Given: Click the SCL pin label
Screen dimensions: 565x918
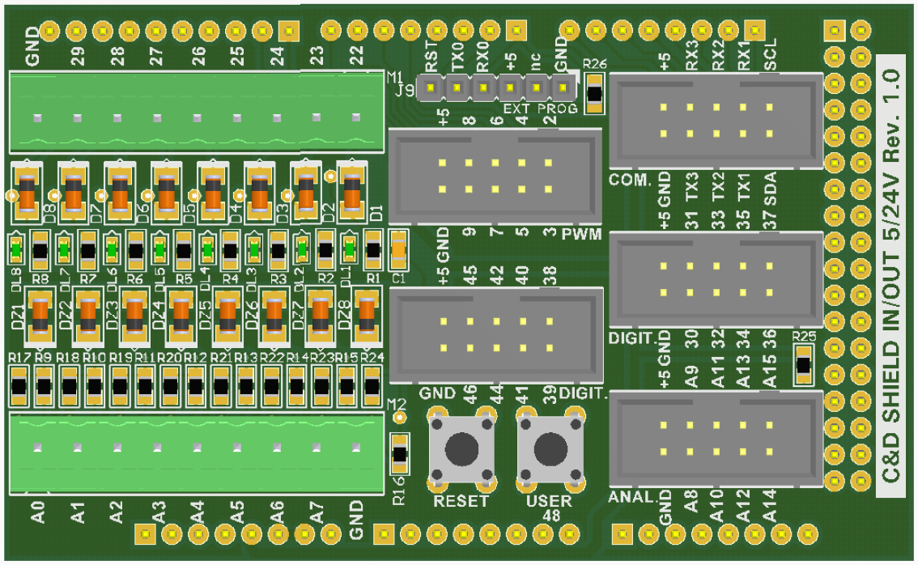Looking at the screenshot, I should pos(770,55).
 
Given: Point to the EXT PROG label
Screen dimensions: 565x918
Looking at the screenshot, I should pos(540,108).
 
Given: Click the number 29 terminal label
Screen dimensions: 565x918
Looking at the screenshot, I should pos(78,56).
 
